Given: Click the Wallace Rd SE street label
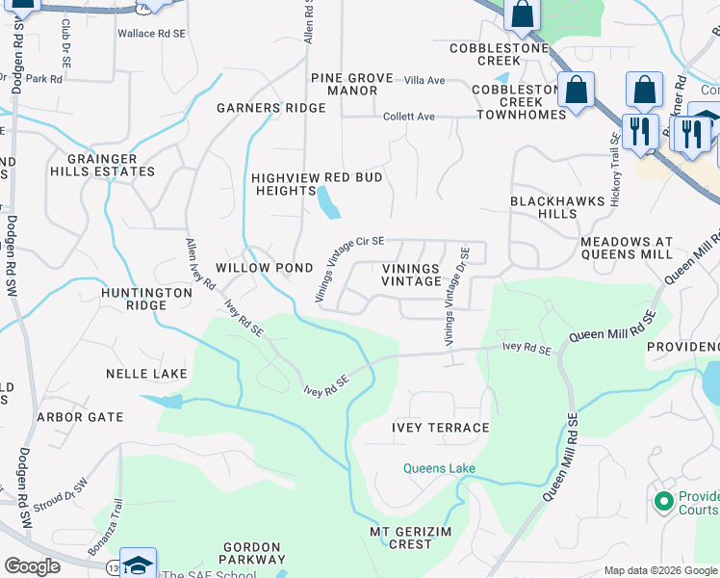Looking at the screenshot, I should point(149,33).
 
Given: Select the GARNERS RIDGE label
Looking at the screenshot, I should point(271,108).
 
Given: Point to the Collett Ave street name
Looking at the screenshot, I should point(409,117).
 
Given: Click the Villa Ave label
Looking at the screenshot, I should point(424,80).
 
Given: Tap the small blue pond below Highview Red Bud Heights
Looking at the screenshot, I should point(328,202).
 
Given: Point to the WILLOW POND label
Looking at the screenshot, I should point(264,267).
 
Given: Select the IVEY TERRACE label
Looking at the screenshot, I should point(440,427).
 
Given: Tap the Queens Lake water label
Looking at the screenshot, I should point(439,469).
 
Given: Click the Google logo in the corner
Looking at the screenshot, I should point(32,566).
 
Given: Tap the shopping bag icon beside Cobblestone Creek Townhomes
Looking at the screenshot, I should point(576,92).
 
